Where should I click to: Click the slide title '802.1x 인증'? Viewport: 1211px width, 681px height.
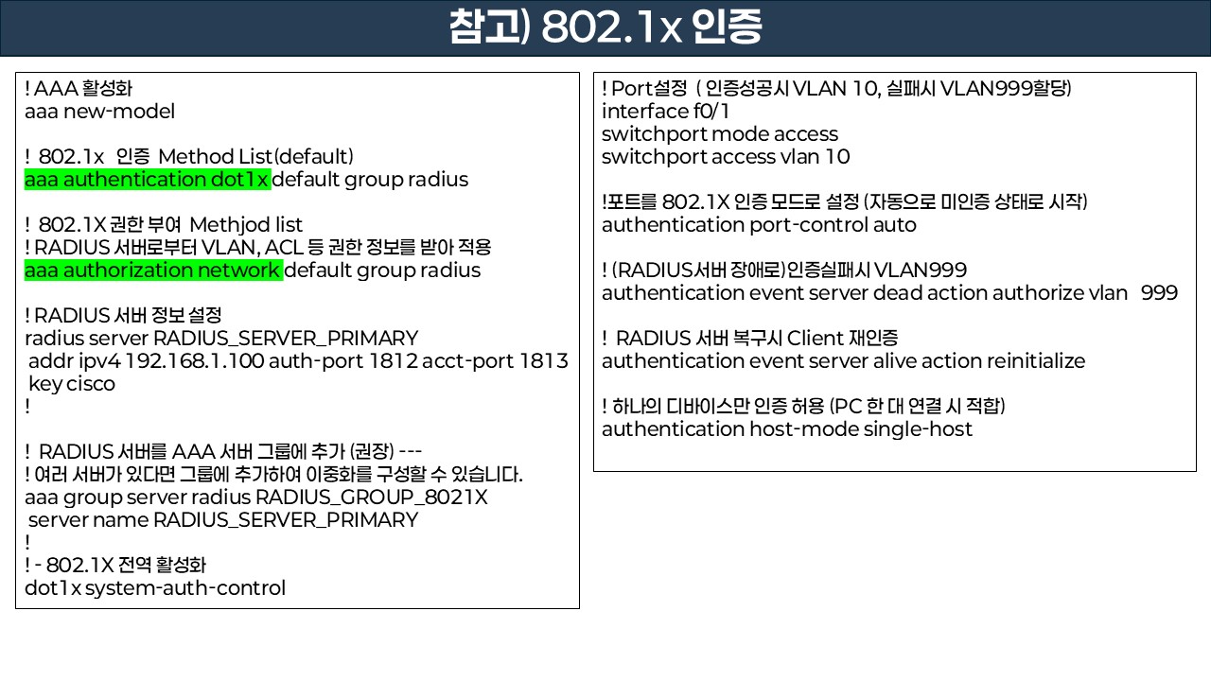tap(605, 28)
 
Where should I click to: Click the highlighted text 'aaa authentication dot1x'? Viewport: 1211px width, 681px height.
tap(148, 179)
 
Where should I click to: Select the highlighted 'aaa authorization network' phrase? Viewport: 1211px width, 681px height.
tap(153, 270)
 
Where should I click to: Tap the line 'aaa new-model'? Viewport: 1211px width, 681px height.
tap(99, 112)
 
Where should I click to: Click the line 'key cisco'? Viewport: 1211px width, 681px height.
tap(71, 383)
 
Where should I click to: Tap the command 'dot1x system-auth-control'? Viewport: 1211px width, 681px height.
tap(155, 587)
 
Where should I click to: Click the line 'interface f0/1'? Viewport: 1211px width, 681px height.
tap(665, 111)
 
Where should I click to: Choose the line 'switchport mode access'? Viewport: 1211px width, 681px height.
tap(720, 133)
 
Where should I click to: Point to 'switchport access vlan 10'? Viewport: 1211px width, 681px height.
tap(726, 156)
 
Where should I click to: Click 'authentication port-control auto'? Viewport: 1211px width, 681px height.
tap(759, 224)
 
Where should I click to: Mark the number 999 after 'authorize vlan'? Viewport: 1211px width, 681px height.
tap(1159, 292)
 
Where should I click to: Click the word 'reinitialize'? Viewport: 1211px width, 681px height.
tap(1036, 360)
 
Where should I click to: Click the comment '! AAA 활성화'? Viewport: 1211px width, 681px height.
tap(79, 89)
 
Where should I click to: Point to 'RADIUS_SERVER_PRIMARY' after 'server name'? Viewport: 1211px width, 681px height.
tap(285, 519)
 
